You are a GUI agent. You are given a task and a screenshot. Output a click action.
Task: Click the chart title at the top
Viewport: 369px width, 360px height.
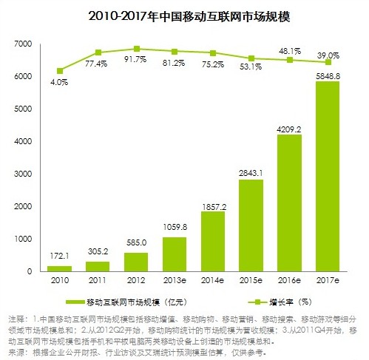pyautogui.click(x=184, y=14)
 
